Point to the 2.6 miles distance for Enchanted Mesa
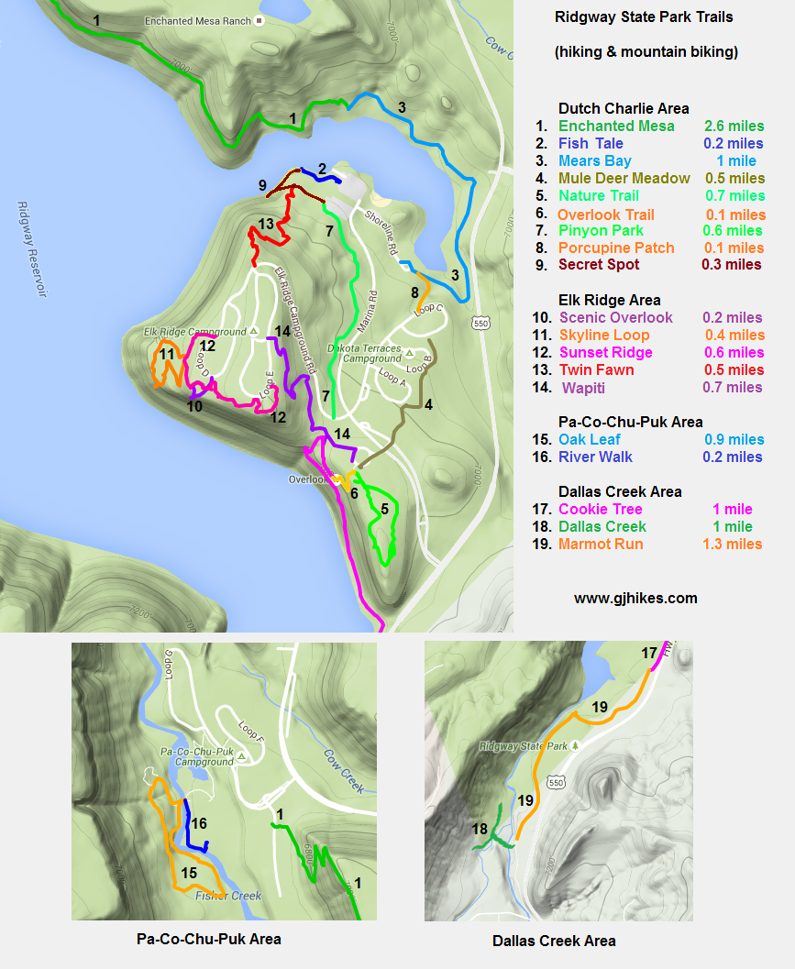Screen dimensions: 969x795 coord(733,126)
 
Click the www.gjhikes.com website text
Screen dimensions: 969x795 coord(635,598)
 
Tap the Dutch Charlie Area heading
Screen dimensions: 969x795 coord(624,108)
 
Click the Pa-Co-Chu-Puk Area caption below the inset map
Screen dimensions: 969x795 coord(208,939)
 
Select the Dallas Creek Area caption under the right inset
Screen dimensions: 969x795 coord(554,941)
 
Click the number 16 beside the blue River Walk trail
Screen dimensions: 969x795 coord(201,824)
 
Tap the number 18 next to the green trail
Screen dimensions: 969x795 coord(480,829)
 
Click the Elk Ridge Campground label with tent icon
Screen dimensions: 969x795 coord(195,331)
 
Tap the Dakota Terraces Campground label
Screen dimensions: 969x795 coord(365,354)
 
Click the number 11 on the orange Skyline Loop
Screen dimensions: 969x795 coord(167,354)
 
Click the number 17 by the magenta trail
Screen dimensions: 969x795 coord(649,654)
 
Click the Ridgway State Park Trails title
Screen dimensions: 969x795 coord(644,17)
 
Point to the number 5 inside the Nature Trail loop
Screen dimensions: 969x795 coord(385,509)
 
